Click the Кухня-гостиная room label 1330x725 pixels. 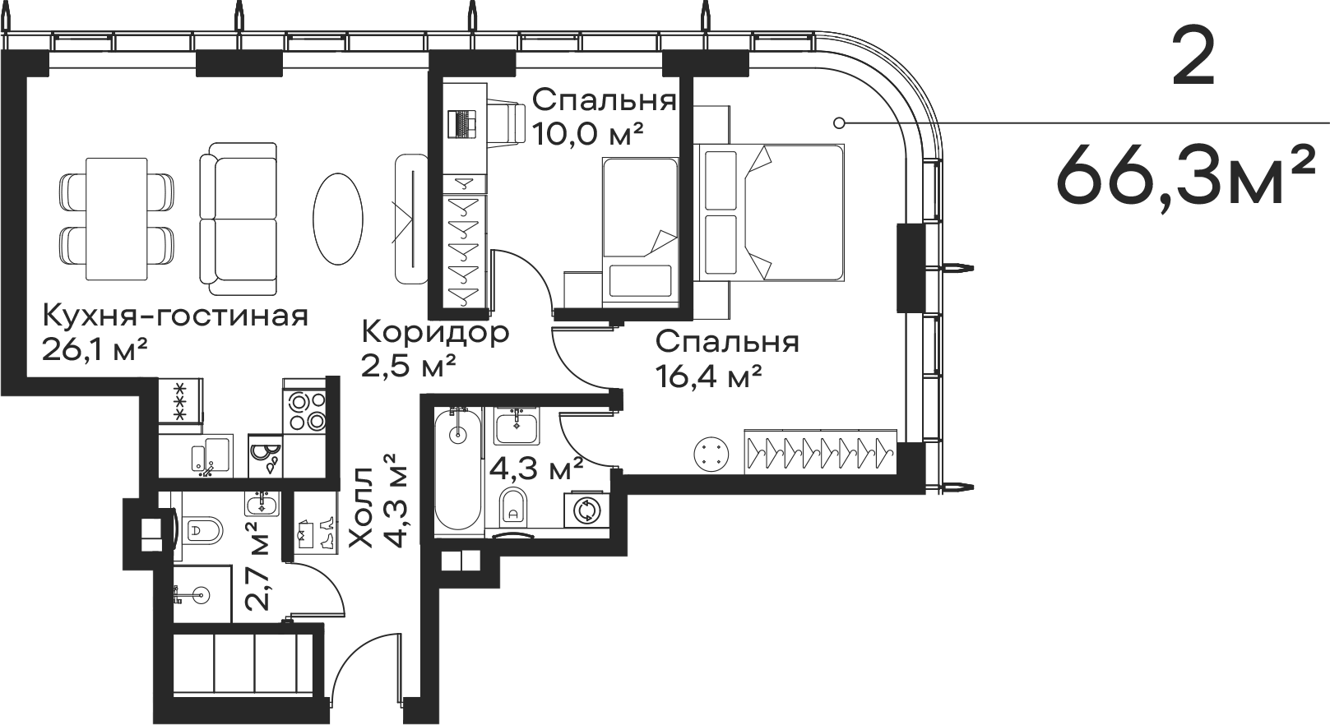(x=175, y=316)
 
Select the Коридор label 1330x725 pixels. (x=435, y=333)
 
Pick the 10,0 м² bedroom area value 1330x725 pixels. (x=586, y=132)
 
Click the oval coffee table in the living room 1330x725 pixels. (x=338, y=218)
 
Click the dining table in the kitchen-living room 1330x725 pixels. (x=117, y=218)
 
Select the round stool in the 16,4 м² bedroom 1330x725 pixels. (x=711, y=455)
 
